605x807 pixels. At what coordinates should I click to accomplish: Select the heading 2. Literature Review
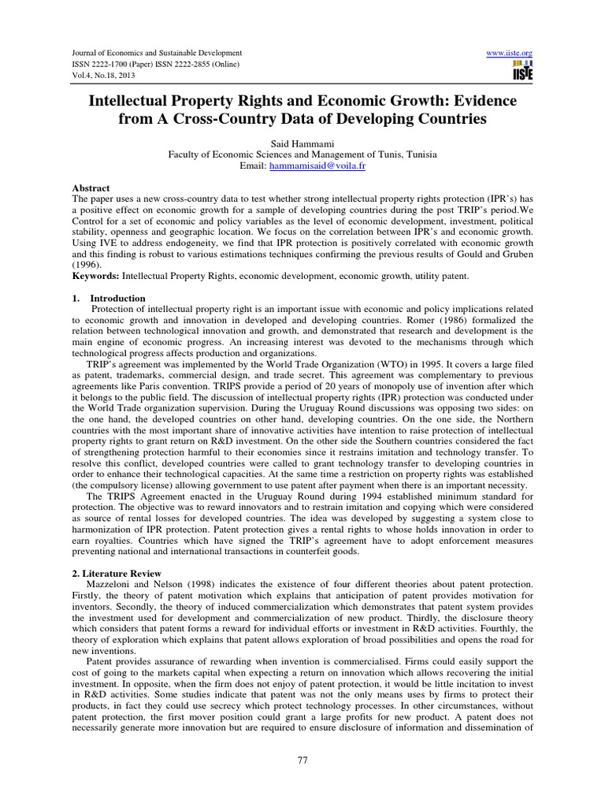click(116, 573)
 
